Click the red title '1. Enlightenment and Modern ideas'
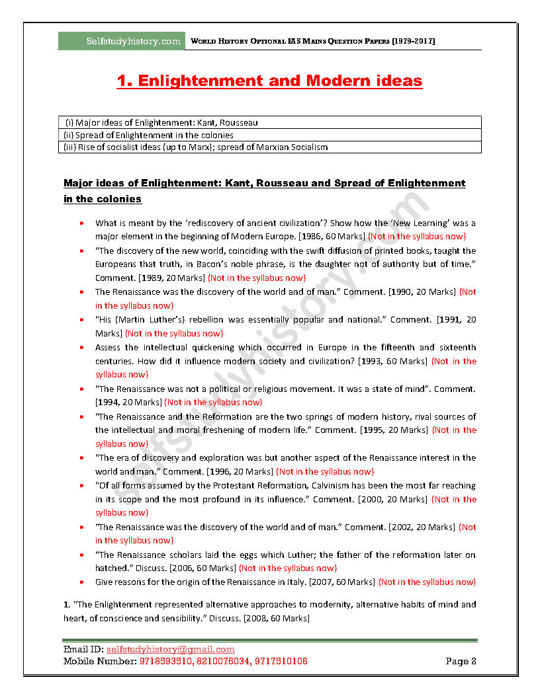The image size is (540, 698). [269, 81]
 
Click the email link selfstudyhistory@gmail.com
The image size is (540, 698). [170, 649]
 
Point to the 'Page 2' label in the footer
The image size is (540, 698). [461, 661]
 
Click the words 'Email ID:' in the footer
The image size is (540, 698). [83, 649]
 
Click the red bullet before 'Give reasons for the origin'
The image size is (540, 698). [81, 582]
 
